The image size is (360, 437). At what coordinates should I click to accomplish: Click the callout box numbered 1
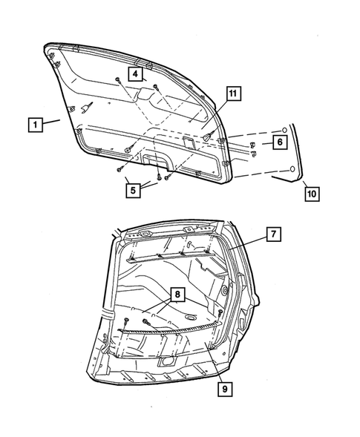(33, 124)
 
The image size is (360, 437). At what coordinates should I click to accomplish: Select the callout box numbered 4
(135, 73)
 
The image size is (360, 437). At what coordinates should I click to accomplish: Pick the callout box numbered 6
(279, 141)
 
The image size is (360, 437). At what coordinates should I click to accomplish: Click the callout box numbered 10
(312, 194)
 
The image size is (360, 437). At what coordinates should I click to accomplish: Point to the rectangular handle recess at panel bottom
(155, 157)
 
